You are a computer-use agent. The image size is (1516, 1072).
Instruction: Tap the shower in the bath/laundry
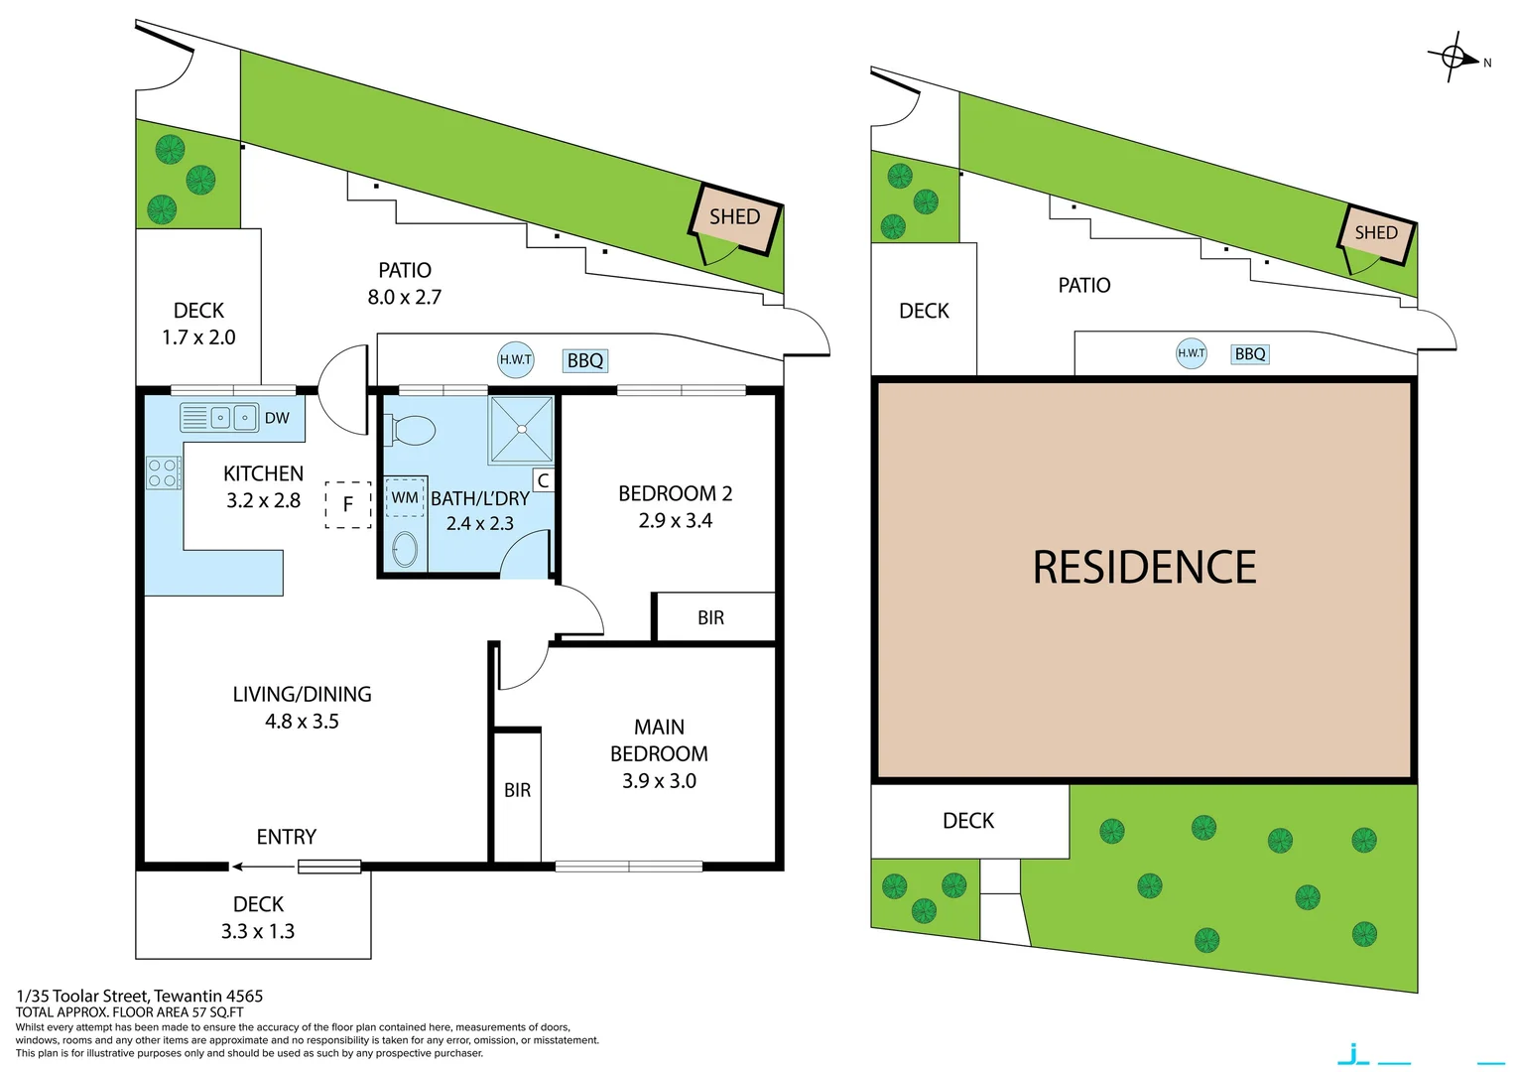click(521, 429)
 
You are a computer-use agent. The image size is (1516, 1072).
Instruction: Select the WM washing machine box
click(405, 497)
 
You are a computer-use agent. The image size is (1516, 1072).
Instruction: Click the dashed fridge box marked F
click(348, 504)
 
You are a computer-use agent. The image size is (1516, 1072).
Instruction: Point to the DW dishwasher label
click(277, 418)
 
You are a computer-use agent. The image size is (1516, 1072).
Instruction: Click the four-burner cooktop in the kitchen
click(163, 472)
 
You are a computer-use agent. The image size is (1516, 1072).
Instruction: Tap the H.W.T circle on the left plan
click(515, 359)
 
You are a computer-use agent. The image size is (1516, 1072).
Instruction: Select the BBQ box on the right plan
click(1250, 354)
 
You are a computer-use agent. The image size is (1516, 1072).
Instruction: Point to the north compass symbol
click(1454, 58)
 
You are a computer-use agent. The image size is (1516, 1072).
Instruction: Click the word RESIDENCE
click(1144, 568)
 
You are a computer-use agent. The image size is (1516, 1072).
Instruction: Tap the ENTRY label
click(286, 837)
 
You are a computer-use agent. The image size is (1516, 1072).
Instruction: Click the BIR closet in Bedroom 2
click(711, 617)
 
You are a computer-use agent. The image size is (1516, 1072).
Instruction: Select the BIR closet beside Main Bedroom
click(517, 790)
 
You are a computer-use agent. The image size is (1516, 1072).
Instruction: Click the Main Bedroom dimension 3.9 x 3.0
click(659, 781)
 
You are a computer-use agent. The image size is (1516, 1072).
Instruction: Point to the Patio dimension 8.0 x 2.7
click(404, 297)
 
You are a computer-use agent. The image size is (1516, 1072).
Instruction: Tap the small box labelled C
click(543, 480)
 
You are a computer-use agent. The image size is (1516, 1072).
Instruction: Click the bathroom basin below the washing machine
click(405, 549)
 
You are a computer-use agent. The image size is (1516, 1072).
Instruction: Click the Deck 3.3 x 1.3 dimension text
click(257, 931)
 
